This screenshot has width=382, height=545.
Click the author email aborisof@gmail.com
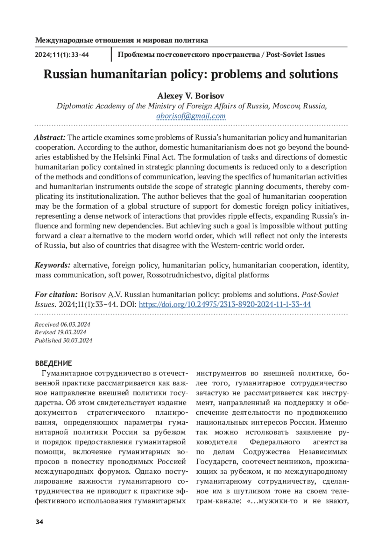(x=191, y=116)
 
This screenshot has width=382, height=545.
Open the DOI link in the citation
(x=225, y=304)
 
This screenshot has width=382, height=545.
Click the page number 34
(x=39, y=522)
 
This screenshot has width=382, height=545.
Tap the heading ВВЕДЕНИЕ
(x=53, y=363)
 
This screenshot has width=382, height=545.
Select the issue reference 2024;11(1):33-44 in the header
(x=62, y=55)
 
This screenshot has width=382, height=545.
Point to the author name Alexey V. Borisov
(x=191, y=96)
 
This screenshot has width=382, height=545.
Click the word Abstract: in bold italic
(x=50, y=138)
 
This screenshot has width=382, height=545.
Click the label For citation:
(x=56, y=294)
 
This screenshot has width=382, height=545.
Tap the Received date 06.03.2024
(x=75, y=324)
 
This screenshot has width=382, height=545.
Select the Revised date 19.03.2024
(x=72, y=332)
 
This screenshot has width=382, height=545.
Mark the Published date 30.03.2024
(x=78, y=340)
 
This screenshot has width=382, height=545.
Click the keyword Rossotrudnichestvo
(x=179, y=275)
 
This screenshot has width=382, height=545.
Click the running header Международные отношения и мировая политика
(x=122, y=40)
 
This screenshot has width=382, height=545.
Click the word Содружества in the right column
(x=266, y=452)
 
